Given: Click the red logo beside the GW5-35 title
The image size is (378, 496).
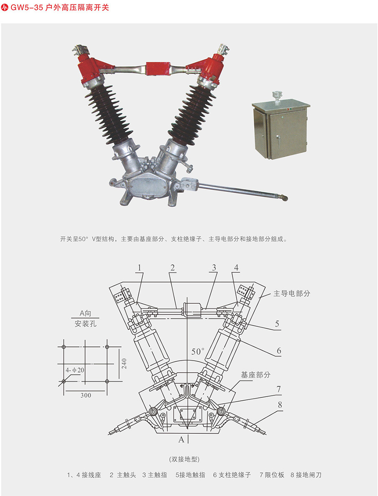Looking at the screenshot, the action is [x=5, y=7].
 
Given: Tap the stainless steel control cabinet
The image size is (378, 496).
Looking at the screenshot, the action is [x=281, y=129].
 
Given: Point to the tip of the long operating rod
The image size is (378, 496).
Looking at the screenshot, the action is [x=286, y=198].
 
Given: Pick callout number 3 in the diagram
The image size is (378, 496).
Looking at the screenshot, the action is [x=214, y=268].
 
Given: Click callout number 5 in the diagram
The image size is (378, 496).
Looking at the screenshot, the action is [x=277, y=323].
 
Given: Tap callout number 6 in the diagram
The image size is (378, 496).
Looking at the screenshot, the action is [x=278, y=351].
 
